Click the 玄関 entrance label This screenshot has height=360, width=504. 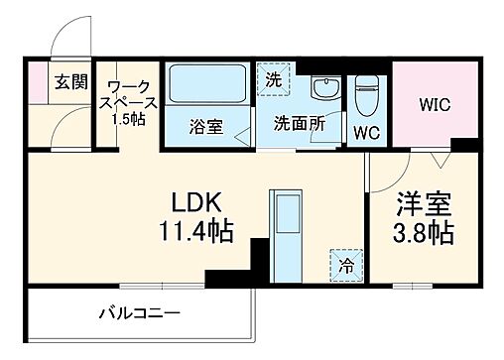tap(70, 82)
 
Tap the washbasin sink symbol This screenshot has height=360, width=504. tap(322, 90)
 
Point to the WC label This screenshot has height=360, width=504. tap(366, 133)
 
